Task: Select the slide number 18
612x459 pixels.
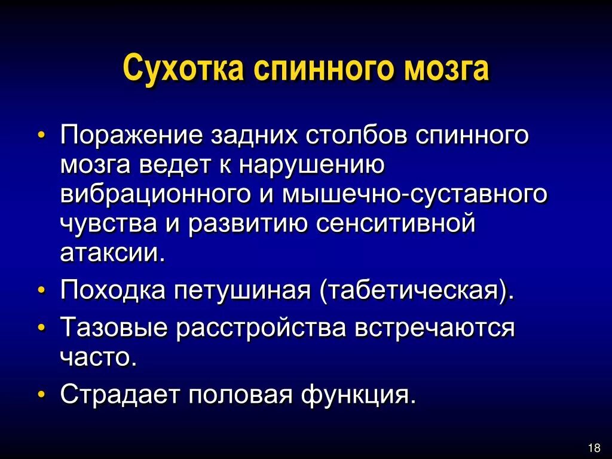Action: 594,448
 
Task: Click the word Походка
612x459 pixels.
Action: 112,292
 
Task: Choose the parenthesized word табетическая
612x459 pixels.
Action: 417,292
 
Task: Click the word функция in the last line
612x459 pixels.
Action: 358,395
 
